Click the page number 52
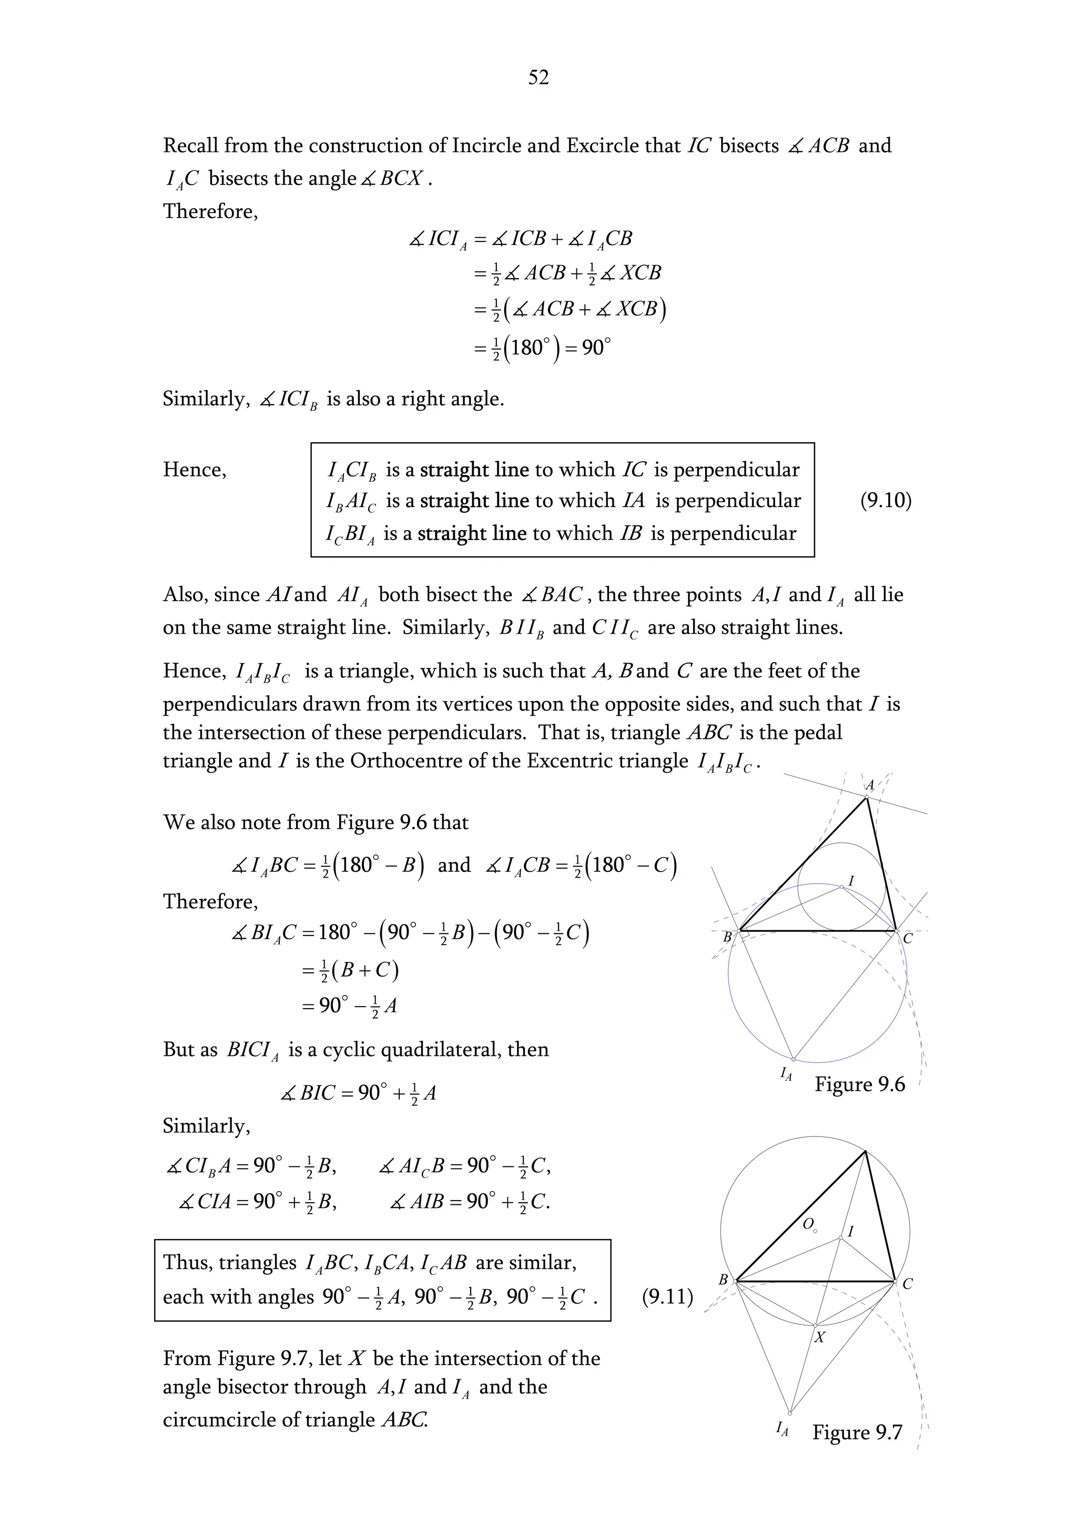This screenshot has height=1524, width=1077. click(538, 78)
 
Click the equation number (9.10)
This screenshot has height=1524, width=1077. click(885, 500)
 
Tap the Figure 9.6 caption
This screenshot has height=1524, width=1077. click(859, 1084)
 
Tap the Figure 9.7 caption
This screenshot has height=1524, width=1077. click(857, 1432)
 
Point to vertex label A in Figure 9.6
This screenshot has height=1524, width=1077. click(869, 785)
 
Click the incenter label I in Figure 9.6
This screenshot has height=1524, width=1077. click(851, 881)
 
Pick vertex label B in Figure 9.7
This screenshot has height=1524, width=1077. click(723, 1279)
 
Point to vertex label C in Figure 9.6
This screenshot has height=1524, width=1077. click(908, 938)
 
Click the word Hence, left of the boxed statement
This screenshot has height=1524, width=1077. click(195, 470)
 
